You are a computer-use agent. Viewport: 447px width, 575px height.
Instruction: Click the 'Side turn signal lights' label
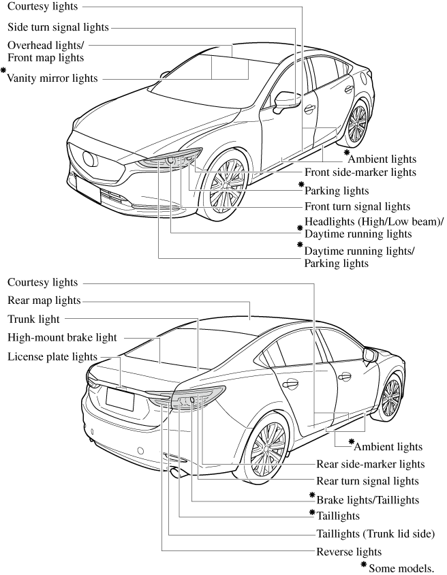59,27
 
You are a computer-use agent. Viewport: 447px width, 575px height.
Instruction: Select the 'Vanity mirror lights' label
52,78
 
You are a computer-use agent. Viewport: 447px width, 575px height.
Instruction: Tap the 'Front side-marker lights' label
360,172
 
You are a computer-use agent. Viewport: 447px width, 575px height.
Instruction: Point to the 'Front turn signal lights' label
358,207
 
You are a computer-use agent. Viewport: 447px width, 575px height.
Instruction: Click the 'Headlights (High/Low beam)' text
374,222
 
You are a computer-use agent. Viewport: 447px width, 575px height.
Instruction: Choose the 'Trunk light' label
33,320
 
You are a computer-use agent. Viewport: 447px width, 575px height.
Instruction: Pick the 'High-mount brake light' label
62,338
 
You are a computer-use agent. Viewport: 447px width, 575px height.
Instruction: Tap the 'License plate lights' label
52,357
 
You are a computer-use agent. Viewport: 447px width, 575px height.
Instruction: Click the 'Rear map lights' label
44,300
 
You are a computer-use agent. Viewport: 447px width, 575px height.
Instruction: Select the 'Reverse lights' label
349,552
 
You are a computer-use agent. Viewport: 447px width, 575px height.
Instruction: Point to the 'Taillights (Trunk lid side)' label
375,534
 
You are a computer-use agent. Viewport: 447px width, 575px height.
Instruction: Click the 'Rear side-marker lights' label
371,464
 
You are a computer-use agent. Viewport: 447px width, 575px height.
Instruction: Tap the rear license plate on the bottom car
121,399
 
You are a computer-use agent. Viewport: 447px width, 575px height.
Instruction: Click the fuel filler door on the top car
365,78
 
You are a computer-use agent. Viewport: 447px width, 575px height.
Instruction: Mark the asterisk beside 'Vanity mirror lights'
3,69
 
